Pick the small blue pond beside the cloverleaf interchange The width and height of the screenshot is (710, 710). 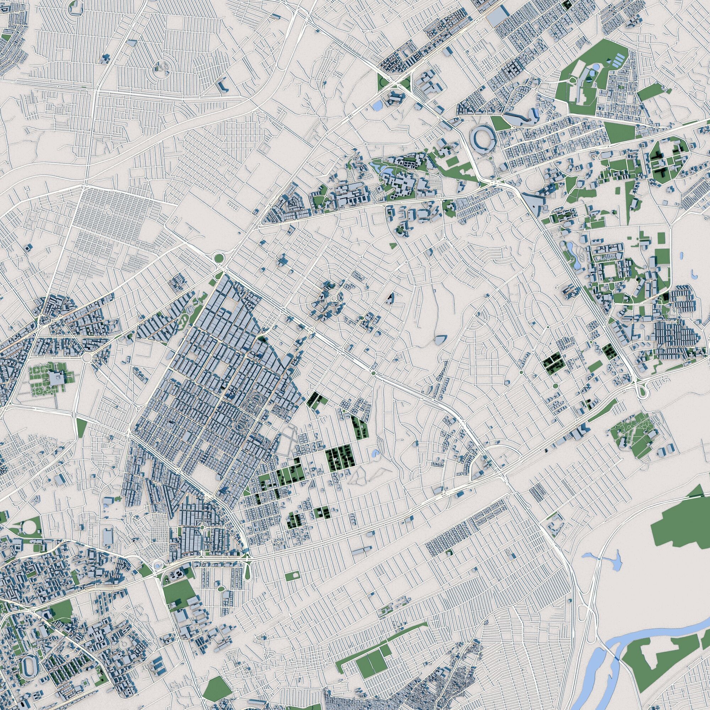pyautogui.click(x=377, y=106)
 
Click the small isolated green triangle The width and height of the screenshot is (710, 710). pyautogui.click(x=392, y=246)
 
